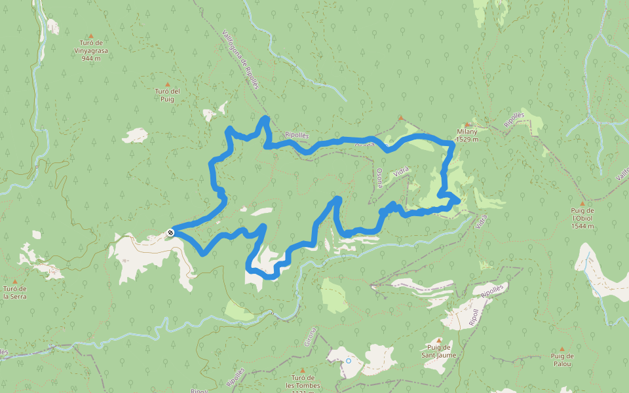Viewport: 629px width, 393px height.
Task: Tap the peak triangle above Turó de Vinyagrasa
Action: [90, 35]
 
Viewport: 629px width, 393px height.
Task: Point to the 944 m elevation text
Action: [90, 58]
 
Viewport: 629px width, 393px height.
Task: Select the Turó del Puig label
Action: [167, 95]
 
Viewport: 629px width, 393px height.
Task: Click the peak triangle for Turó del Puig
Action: [167, 84]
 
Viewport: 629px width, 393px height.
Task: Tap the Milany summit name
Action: [467, 132]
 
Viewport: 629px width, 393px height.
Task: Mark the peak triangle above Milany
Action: [467, 124]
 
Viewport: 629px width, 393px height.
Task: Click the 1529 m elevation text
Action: [467, 140]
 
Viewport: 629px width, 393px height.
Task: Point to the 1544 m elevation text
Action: [582, 226]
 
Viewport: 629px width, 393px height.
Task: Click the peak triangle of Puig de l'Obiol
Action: [582, 203]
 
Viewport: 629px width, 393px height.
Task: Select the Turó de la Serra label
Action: [14, 292]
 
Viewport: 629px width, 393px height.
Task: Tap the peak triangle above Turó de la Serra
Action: [14, 281]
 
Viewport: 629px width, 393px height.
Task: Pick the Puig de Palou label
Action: [562, 360]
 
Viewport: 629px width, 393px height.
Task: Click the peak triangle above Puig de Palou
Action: [562, 348]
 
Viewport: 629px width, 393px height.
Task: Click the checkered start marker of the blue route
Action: [171, 232]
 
